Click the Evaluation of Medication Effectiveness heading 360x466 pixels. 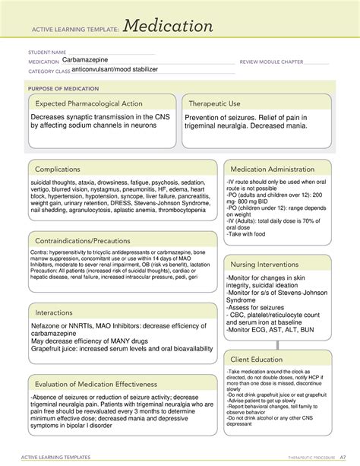(x=99, y=384)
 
